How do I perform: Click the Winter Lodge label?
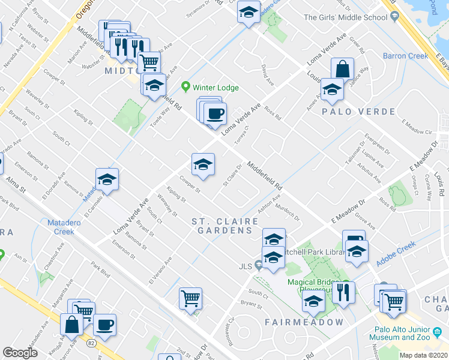click(x=215, y=88)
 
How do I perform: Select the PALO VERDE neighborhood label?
click(x=358, y=112)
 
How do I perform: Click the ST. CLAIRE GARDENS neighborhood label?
click(x=221, y=226)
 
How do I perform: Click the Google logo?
click(x=20, y=353)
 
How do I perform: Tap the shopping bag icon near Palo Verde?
click(x=342, y=69)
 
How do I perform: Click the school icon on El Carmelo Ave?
click(x=107, y=179)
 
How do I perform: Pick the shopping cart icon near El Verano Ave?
click(x=190, y=298)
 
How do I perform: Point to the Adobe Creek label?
click(x=396, y=254)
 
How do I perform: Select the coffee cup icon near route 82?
click(x=104, y=325)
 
